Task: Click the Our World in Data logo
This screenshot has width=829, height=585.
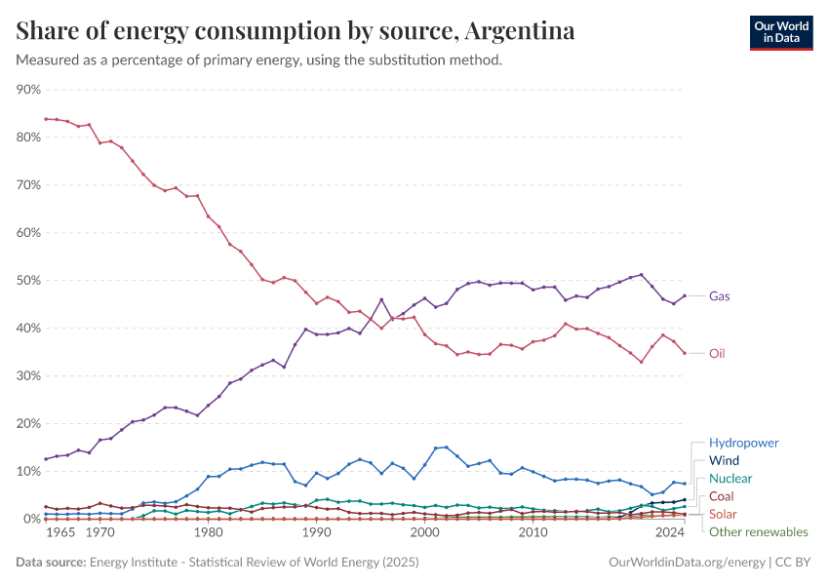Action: tap(780, 33)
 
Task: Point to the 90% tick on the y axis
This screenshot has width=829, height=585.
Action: tap(28, 90)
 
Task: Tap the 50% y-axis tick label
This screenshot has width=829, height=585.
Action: tap(28, 281)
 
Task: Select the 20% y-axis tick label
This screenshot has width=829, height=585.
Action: tap(28, 424)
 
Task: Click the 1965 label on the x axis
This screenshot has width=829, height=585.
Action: tap(61, 533)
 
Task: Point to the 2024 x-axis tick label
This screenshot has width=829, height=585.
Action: tap(670, 533)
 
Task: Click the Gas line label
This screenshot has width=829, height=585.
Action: tap(720, 295)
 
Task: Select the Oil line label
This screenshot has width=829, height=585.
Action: tap(717, 353)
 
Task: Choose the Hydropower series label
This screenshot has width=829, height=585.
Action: tap(743, 443)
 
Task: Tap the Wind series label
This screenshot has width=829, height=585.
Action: tap(724, 460)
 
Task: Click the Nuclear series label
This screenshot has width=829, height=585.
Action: tap(730, 479)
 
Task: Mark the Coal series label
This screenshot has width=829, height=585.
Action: tap(722, 496)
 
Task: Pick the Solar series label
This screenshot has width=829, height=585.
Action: tap(723, 514)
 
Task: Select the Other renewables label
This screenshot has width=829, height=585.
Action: tap(758, 531)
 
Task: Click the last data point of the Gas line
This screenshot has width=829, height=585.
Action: tap(685, 295)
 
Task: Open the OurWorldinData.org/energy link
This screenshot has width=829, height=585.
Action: tap(687, 563)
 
